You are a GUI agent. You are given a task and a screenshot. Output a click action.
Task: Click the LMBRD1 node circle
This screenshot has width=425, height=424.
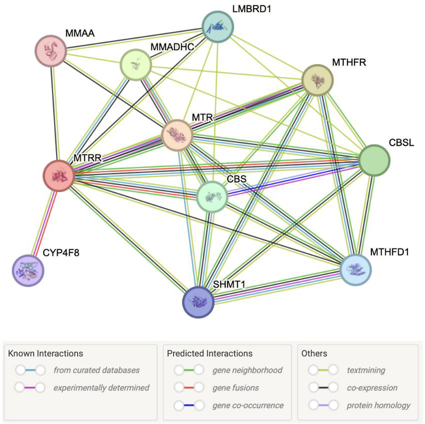coord(218,27)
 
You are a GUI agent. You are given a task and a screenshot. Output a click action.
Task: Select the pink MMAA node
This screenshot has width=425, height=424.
coord(51,51)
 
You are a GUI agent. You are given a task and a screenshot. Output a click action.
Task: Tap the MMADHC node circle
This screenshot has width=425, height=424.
coord(135,65)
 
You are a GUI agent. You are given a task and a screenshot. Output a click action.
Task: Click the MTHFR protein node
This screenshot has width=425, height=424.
coord(317,80)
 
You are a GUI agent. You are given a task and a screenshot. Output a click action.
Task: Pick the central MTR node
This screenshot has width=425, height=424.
coord(177,135)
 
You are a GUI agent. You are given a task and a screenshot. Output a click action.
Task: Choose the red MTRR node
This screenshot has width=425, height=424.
coord(59,176)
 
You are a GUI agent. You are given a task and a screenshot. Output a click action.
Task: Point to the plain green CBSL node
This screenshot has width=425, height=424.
coord(374,160)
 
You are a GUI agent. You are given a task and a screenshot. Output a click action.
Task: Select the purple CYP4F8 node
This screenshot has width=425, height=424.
coord(28,270)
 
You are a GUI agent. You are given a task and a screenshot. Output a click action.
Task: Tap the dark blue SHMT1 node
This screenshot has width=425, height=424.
coord(198,302)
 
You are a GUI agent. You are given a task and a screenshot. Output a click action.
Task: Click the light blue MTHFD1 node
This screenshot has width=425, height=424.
coord(356,270)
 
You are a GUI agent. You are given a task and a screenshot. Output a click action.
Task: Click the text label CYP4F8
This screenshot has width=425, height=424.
coord(61,253)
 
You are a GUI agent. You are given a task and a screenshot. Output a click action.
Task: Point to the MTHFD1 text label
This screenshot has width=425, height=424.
coord(389,252)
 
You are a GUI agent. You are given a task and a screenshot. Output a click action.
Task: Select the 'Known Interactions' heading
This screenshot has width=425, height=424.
coord(45,353)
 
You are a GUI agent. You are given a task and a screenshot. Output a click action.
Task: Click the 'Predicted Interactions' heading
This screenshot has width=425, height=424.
coord(210,353)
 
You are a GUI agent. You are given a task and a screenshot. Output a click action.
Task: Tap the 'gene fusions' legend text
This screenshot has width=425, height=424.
coord(236,388)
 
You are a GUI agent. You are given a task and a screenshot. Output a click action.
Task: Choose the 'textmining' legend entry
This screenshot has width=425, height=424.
coord(366,370)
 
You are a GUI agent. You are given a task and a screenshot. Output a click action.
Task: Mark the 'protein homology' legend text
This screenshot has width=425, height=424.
coord(378,405)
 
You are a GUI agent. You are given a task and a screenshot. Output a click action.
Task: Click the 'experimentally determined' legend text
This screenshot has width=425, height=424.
coord(101,388)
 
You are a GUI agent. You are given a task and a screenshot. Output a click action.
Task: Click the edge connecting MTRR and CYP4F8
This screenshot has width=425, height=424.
coord(43,223)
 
